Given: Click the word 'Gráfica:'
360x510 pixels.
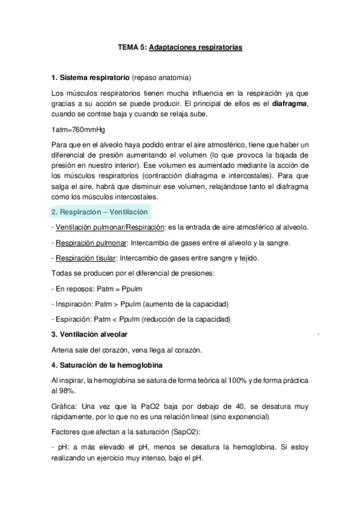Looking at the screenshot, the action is [x=67, y=407].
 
